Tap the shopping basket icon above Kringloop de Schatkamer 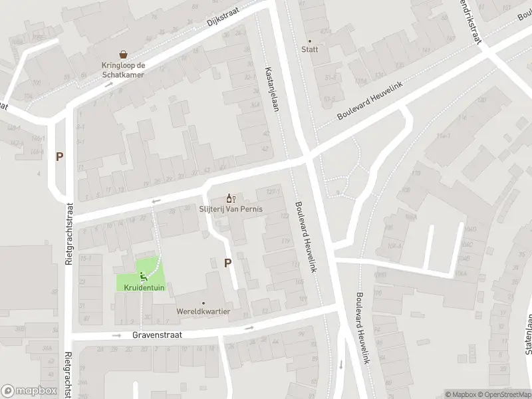point(123,55)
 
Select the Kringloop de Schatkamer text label point(123,70)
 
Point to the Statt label point(309,50)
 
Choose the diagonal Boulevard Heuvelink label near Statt point(371,102)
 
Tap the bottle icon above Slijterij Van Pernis point(231,198)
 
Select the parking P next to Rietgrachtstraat point(60,157)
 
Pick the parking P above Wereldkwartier point(227,263)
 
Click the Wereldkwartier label point(203,311)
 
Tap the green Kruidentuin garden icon point(142,276)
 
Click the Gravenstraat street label point(157,336)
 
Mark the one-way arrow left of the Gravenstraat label point(117,335)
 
